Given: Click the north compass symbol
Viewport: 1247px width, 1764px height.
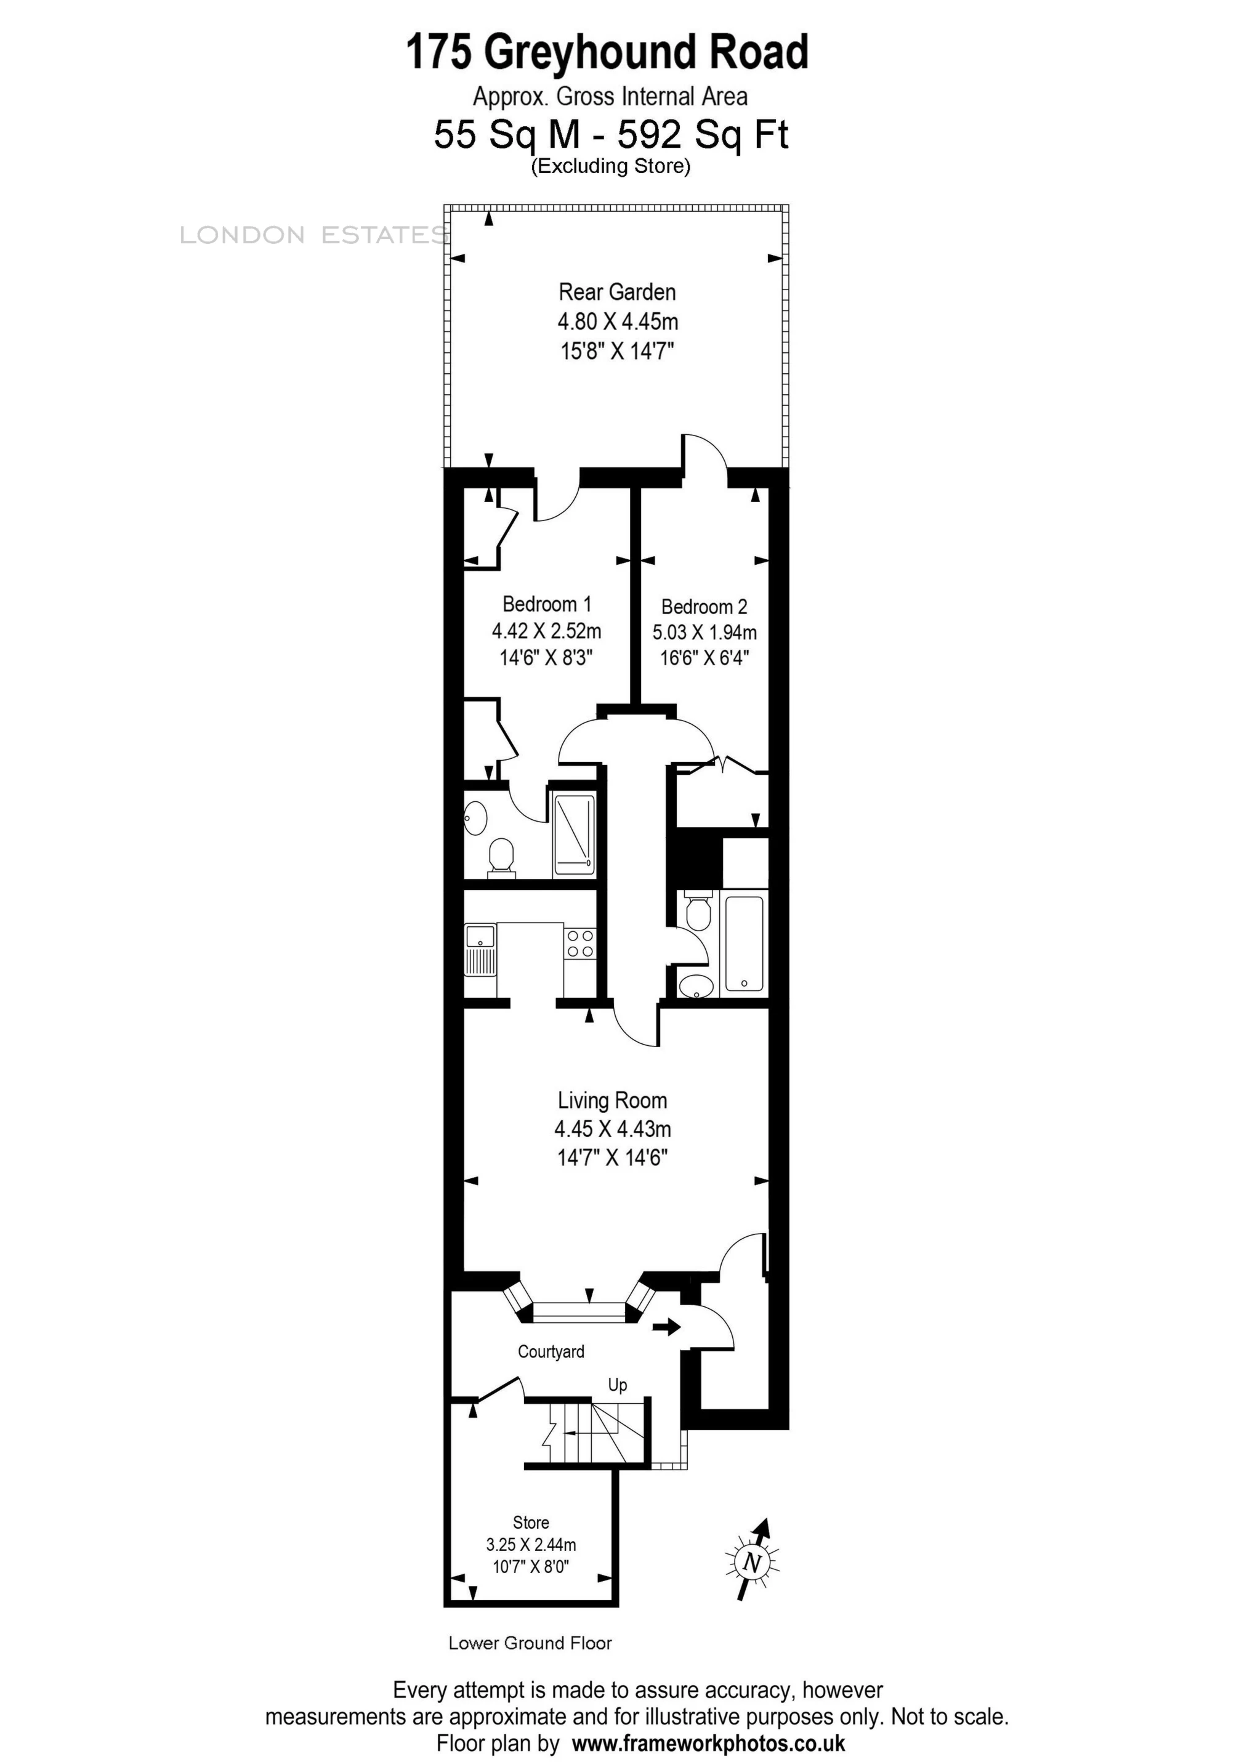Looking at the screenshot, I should [751, 1561].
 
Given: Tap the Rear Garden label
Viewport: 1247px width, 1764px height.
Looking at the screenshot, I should [617, 292].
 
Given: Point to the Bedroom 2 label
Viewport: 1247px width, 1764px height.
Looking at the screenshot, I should [704, 607].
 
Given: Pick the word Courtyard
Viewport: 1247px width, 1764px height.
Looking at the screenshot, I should [551, 1351].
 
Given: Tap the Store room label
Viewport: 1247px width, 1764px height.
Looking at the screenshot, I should [531, 1522].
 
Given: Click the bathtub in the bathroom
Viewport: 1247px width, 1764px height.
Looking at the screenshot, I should [744, 943].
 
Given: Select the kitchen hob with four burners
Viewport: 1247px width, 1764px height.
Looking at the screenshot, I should [579, 944].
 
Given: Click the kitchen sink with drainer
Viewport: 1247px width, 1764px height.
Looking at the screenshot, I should [480, 950].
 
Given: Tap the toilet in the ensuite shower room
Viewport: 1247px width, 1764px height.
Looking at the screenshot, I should [501, 857].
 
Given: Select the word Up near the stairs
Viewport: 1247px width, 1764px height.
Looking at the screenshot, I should [617, 1385].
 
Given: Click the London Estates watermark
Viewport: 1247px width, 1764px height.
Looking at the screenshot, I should [313, 235].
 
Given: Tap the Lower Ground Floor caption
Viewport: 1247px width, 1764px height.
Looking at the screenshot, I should [530, 1643].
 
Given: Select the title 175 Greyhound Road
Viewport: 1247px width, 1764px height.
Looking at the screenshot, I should [607, 52].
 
